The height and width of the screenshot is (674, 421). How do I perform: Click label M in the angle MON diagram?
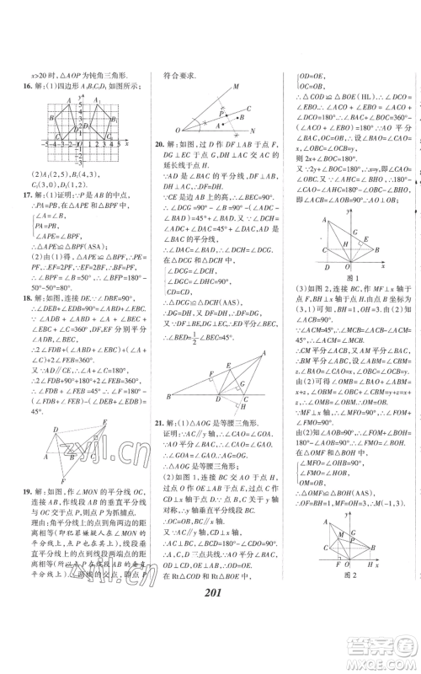tap(237, 87)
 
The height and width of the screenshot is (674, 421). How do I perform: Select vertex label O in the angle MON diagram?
tap(177, 130)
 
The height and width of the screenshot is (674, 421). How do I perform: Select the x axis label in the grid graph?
tap(125, 144)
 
